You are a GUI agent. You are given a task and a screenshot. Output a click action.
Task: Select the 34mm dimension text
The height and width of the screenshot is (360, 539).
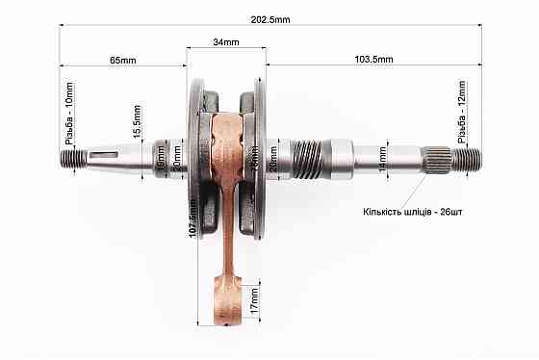[x=226, y=43]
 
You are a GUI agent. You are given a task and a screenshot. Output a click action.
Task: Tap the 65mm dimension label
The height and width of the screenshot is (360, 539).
[x=123, y=60]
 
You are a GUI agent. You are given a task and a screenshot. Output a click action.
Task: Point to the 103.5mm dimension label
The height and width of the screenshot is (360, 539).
[x=373, y=60]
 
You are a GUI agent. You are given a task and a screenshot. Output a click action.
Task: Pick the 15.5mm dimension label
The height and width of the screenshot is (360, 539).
[x=139, y=120]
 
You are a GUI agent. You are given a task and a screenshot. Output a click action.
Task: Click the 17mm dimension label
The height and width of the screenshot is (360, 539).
[x=255, y=299]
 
